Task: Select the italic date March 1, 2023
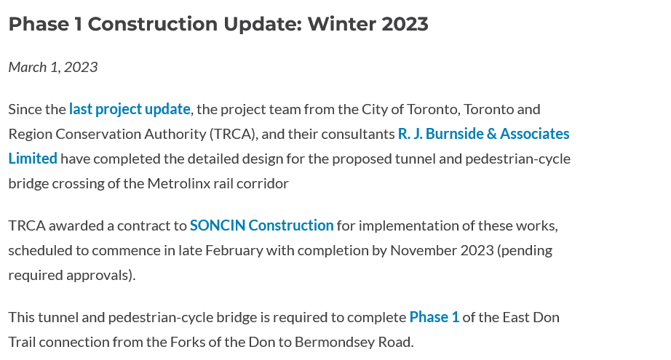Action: click(x=53, y=67)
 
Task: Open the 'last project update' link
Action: click(x=130, y=109)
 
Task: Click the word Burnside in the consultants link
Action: click(x=454, y=134)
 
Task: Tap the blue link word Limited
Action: click(x=33, y=159)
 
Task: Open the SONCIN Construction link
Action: click(x=261, y=225)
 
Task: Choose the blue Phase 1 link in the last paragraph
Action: click(x=434, y=317)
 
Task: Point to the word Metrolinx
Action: click(x=179, y=183)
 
